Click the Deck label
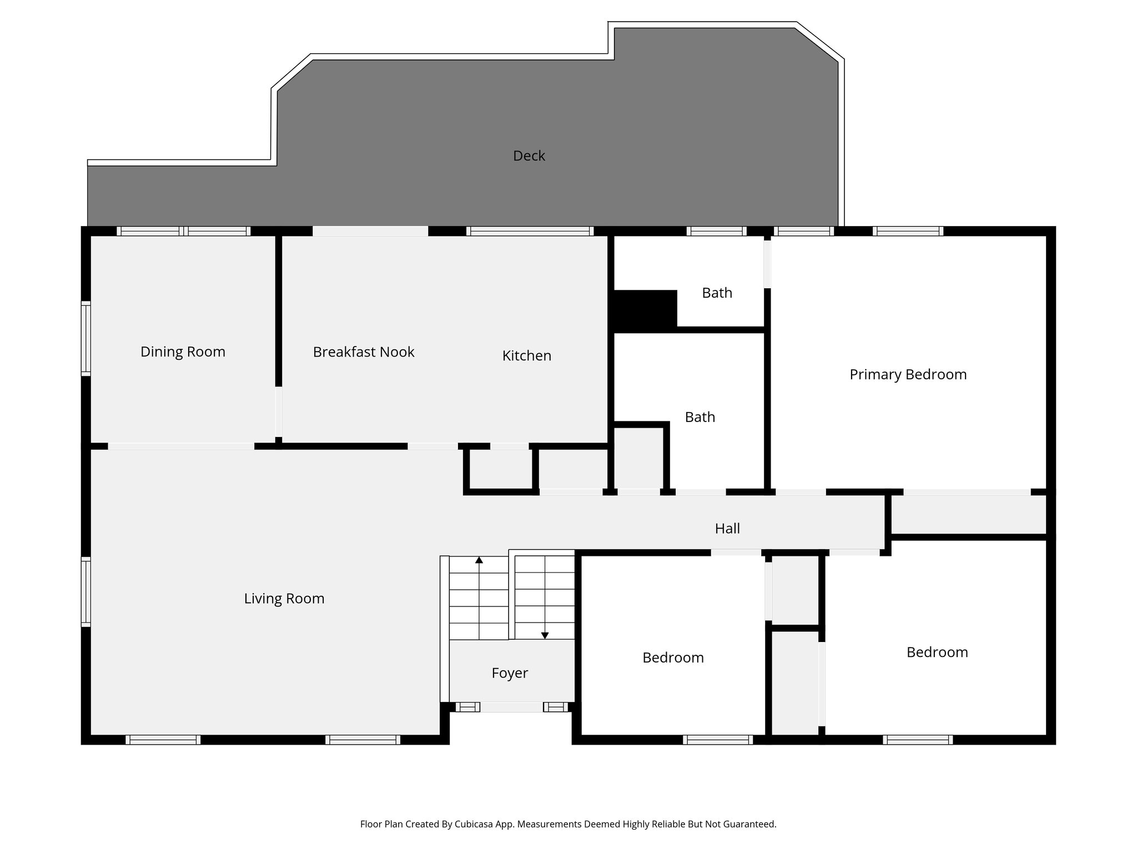pos(529,156)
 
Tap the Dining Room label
pos(183,352)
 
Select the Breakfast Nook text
pos(363,352)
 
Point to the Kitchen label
pos(526,355)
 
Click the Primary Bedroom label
pos(908,374)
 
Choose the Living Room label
pos(284,598)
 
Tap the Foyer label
pos(509,673)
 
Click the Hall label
pos(727,528)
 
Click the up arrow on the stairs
pos(479,560)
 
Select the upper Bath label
pos(717,293)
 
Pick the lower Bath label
pos(700,417)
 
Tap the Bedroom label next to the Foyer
pos(673,658)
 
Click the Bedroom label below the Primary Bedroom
pos(937,652)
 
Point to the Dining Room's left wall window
pos(86,338)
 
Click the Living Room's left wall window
pos(86,592)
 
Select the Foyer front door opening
pos(511,707)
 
